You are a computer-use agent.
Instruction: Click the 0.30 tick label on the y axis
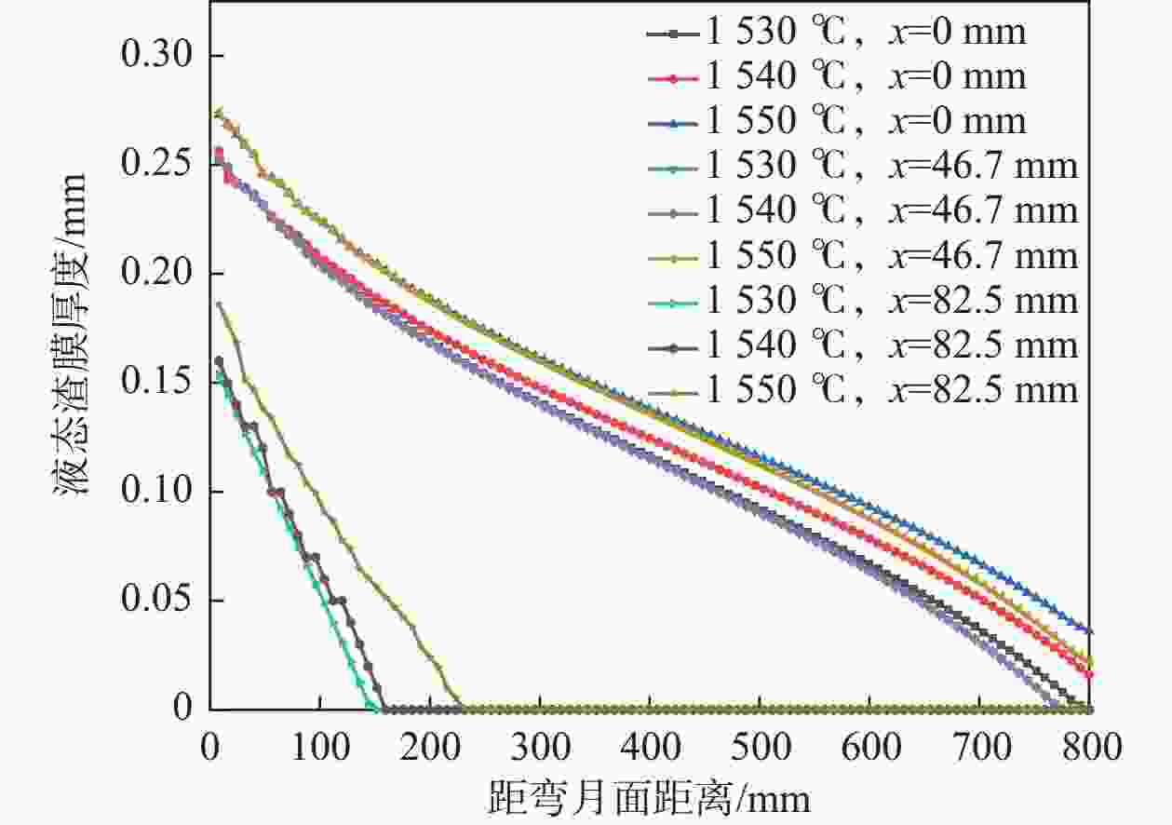158,57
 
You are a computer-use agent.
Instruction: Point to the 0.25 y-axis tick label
158,165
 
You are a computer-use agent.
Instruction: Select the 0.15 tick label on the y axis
158,383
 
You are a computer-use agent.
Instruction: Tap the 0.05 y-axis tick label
158,601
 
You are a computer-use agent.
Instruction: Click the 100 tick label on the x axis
319,747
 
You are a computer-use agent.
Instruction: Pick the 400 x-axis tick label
649,747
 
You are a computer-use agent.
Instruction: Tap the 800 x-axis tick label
1089,747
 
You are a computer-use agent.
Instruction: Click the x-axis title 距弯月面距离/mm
649,798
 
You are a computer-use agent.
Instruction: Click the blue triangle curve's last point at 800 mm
1089,631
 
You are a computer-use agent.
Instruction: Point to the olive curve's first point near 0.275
218,112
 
